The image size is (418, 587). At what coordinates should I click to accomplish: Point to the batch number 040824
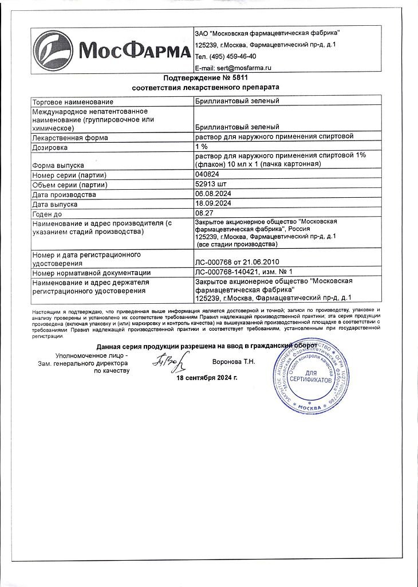207,175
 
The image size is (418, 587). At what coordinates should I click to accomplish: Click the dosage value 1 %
202,146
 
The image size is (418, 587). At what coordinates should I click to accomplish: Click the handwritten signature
167,361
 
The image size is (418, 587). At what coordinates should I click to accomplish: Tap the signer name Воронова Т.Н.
234,362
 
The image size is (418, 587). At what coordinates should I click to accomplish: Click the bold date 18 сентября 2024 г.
207,378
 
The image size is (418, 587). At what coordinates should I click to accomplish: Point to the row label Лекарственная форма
70,138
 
